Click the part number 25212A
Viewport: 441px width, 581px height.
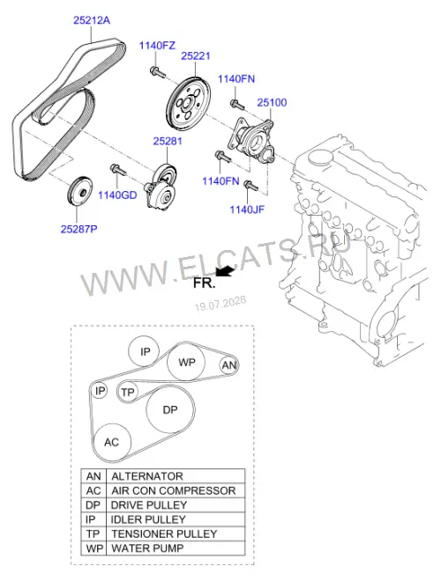tap(92, 20)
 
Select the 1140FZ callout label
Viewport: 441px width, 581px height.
tap(157, 46)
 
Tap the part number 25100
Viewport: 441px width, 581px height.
tap(273, 102)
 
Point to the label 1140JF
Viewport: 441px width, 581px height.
tap(247, 210)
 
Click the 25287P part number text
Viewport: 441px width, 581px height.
tap(79, 229)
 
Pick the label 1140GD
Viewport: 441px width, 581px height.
tap(117, 195)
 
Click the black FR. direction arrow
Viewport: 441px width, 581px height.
tap(225, 271)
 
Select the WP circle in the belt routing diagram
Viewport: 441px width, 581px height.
tap(186, 362)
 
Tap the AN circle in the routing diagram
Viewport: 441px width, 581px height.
tap(228, 365)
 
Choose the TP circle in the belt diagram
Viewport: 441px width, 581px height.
tap(128, 392)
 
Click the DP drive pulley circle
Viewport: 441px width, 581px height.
tap(170, 409)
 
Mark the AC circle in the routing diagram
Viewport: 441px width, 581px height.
tap(112, 442)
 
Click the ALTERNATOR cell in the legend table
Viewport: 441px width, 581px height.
tap(176, 476)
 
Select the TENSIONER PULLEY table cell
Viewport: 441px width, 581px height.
tap(176, 534)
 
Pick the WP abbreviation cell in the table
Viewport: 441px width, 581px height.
tap(93, 548)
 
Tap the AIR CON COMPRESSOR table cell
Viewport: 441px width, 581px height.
tap(176, 490)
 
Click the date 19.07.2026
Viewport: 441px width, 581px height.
tap(220, 303)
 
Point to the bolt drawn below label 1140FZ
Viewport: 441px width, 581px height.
tap(157, 72)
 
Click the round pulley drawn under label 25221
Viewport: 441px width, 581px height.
tap(188, 103)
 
